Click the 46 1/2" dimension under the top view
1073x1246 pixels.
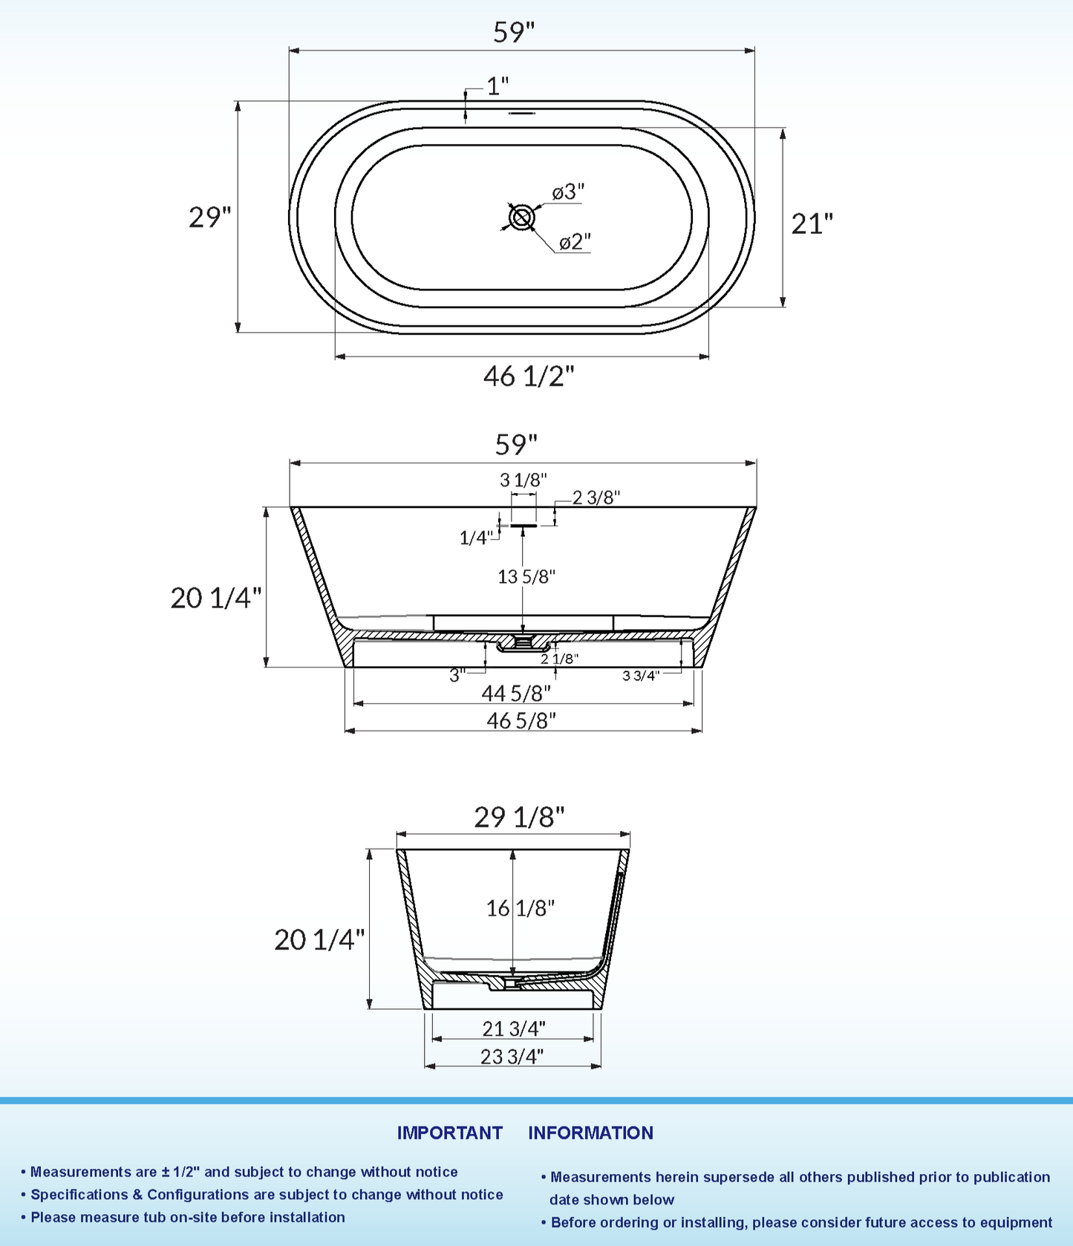[x=529, y=376]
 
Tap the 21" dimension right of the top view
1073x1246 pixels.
[x=812, y=224]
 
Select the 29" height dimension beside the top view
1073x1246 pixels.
[x=209, y=218]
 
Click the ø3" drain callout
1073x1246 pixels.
[x=568, y=192]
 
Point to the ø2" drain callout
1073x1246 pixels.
[x=575, y=242]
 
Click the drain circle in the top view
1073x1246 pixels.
[x=521, y=218]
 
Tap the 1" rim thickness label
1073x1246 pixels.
[x=498, y=86]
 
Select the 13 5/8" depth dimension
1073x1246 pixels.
[x=526, y=576]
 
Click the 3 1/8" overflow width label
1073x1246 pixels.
[x=523, y=480]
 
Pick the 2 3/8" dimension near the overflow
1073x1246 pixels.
[x=596, y=498]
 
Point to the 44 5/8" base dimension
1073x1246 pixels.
[x=516, y=694]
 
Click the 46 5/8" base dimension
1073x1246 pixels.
[x=521, y=720]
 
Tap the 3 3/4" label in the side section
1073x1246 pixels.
[x=640, y=675]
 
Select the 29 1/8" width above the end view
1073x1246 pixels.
[x=519, y=817]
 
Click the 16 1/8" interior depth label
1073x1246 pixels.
[x=520, y=907]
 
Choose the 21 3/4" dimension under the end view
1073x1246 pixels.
[x=513, y=1028]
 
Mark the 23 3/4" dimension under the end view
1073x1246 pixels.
[x=512, y=1056]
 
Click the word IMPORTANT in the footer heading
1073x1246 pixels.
[x=449, y=1132]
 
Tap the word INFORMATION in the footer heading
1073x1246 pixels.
[x=590, y=1132]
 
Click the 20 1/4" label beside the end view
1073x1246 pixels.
[x=319, y=939]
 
